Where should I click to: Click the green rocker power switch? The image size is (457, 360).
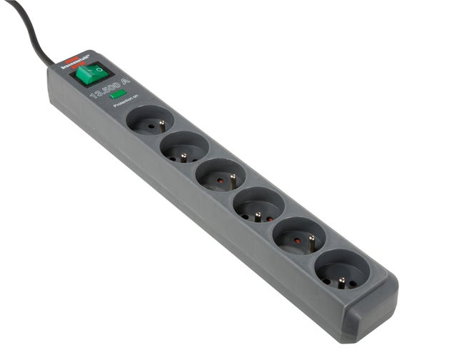click(x=92, y=74)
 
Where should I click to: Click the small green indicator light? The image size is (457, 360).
click(x=119, y=94)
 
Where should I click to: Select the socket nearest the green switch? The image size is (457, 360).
click(x=150, y=120)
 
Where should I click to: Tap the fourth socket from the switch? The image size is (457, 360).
click(x=258, y=205)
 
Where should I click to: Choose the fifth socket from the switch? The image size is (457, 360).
click(x=299, y=235)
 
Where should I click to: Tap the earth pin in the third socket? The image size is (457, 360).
click(x=233, y=178)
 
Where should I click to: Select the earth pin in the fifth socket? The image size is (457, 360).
click(x=311, y=239)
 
